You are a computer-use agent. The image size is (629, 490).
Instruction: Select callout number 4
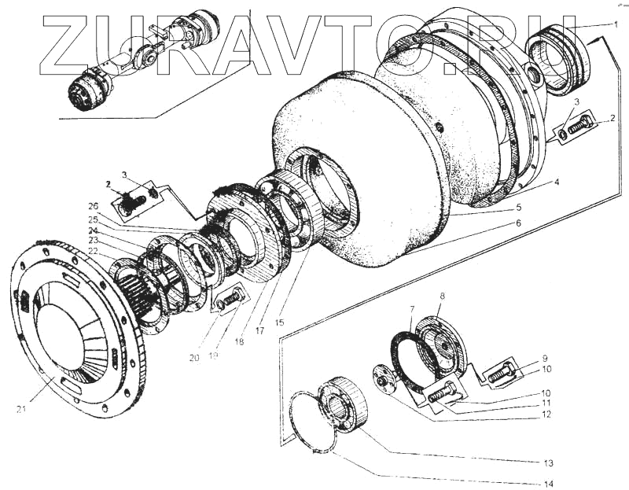[x=556, y=183]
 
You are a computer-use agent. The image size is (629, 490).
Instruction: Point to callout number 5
[x=518, y=208]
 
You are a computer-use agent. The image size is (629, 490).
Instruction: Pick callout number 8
[x=442, y=297]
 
